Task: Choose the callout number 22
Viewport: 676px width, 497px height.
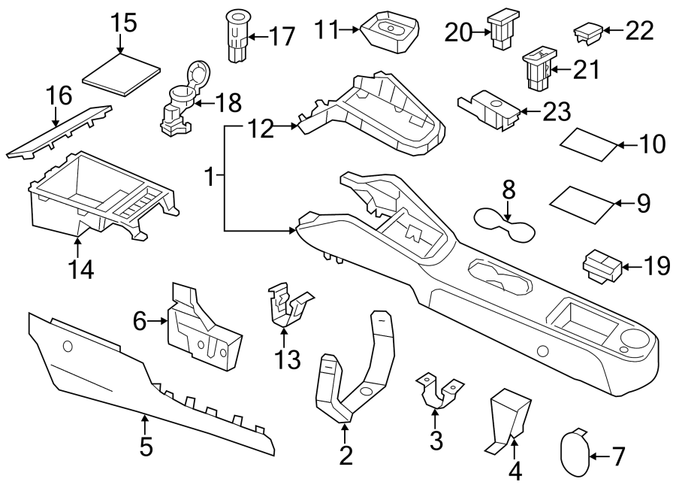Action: (x=639, y=31)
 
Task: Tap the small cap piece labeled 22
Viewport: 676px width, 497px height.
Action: (x=587, y=32)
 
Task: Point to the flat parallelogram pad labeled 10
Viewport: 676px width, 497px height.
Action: (x=591, y=144)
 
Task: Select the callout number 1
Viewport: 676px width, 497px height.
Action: (x=212, y=179)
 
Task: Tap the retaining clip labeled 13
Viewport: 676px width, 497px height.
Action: (x=288, y=308)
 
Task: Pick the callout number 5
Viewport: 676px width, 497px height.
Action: (x=146, y=447)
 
